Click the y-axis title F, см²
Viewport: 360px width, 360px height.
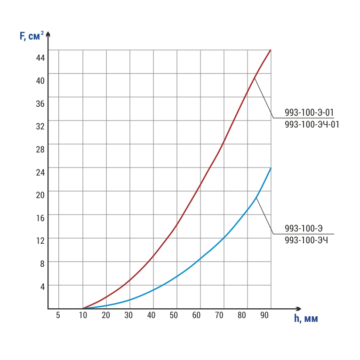[32, 36]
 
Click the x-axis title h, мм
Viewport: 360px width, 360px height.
[306, 319]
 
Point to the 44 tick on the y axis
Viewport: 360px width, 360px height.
[40, 57]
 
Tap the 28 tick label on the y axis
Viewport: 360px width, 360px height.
[40, 149]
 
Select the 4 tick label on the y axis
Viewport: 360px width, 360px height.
[42, 287]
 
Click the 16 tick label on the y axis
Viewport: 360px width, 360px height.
[40, 218]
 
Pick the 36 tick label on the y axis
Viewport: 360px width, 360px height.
[40, 104]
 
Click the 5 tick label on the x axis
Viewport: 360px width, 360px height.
[58, 315]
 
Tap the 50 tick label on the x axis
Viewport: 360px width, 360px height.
[174, 315]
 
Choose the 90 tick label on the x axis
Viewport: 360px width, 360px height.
[265, 315]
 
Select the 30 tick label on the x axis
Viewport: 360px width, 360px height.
[128, 315]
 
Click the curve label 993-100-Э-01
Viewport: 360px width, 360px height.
[309, 112]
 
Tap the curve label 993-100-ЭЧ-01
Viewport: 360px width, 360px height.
[312, 125]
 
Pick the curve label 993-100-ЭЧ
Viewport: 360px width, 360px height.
[306, 240]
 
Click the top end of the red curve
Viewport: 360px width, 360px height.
[271, 50]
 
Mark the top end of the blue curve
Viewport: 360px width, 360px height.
[271, 168]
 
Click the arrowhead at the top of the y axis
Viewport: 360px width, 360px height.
[48, 34]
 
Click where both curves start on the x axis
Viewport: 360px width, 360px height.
[83, 309]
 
